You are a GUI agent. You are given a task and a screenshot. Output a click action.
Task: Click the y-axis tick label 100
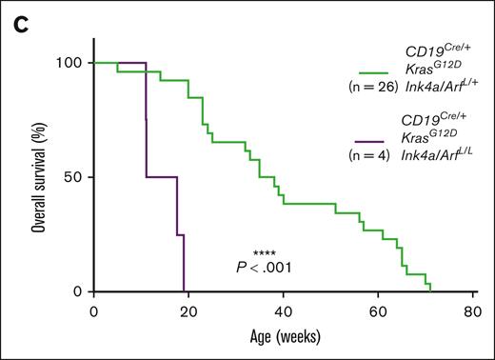tap(72, 63)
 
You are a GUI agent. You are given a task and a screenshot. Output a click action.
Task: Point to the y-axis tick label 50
tap(76, 177)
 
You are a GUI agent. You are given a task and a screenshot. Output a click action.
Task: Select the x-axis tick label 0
tap(93, 312)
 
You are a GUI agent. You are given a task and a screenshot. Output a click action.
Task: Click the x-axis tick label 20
tap(188, 312)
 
